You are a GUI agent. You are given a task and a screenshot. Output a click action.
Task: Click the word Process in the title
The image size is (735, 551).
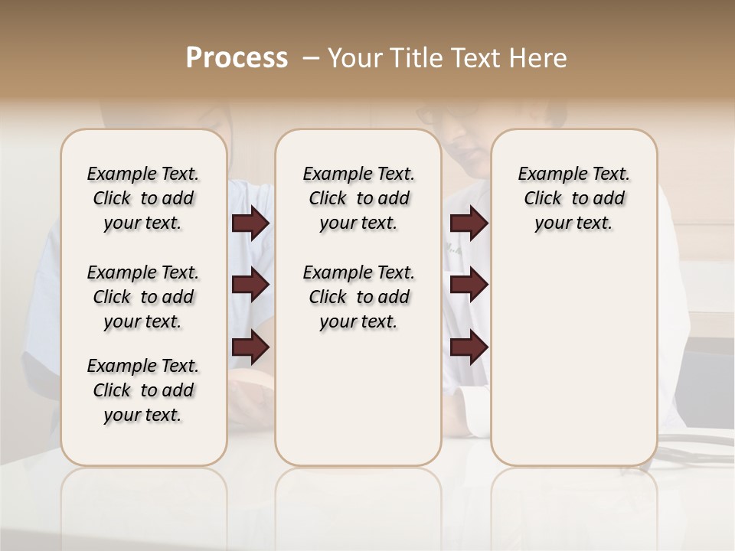click(237, 58)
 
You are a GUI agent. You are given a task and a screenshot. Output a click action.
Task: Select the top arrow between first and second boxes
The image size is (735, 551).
click(250, 223)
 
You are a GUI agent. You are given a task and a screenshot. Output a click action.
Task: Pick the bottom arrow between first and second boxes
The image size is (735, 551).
click(250, 347)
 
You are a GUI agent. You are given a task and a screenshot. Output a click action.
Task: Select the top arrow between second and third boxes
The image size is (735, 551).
click(469, 223)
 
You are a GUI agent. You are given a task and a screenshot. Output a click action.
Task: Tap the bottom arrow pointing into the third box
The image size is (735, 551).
click(469, 347)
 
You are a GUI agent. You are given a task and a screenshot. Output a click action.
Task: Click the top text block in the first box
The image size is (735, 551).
click(143, 198)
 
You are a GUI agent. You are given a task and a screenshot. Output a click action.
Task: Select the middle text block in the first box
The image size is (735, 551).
click(143, 297)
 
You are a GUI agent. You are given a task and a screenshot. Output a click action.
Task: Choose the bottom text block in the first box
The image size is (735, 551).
click(143, 390)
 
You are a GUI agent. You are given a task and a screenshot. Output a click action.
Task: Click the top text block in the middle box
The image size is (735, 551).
click(358, 198)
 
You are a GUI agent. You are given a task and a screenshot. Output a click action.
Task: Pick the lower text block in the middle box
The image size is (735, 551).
click(358, 297)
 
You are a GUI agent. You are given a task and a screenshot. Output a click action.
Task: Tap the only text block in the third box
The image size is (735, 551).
click(573, 198)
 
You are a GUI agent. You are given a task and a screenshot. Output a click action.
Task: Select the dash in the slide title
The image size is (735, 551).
click(311, 58)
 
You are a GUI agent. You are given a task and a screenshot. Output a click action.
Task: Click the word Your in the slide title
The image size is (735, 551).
click(354, 58)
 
